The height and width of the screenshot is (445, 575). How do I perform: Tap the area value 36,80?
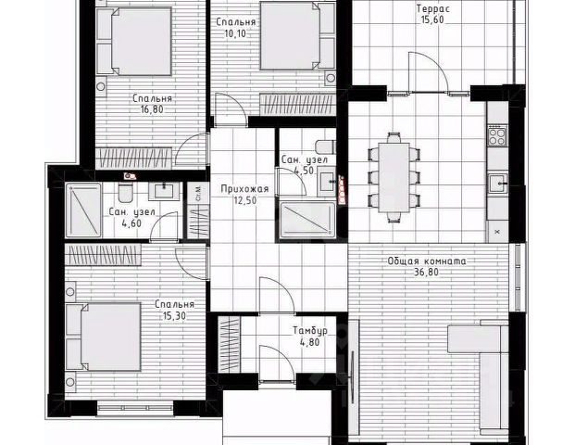point(426,273)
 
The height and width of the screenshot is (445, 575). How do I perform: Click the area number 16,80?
point(152,108)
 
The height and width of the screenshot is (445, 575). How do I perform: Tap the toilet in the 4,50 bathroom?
point(322,149)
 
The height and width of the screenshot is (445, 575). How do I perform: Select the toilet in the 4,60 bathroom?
point(123,193)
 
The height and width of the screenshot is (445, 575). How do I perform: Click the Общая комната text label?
point(426,261)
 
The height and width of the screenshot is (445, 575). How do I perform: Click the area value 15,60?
point(431,19)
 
